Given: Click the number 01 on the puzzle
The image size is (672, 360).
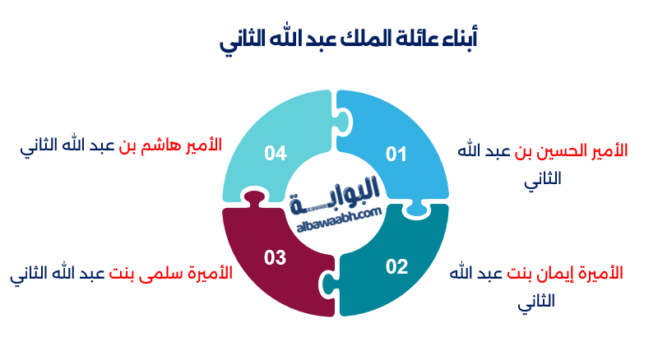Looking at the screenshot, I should [x=397, y=154].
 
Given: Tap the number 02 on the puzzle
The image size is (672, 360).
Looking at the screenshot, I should [x=396, y=266].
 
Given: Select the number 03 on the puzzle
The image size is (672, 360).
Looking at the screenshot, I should [x=275, y=257].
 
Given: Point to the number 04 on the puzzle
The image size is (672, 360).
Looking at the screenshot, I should [x=275, y=153].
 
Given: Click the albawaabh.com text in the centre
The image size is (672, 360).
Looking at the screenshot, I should [x=336, y=213].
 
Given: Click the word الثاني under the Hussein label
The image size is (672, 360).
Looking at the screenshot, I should [x=543, y=180].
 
